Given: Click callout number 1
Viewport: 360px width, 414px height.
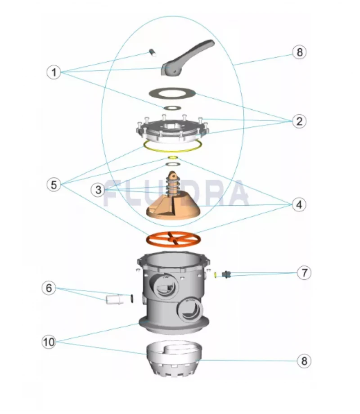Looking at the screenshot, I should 54,72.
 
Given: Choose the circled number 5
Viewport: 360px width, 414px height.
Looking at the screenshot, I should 54,184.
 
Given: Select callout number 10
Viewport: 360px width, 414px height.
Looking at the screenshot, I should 49,342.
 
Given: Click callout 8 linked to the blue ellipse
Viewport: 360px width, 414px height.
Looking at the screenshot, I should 300,52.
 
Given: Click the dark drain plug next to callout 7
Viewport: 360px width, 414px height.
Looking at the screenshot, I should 227,274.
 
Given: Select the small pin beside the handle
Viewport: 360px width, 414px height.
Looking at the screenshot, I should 153,54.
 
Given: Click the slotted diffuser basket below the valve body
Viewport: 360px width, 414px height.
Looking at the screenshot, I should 171,360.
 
